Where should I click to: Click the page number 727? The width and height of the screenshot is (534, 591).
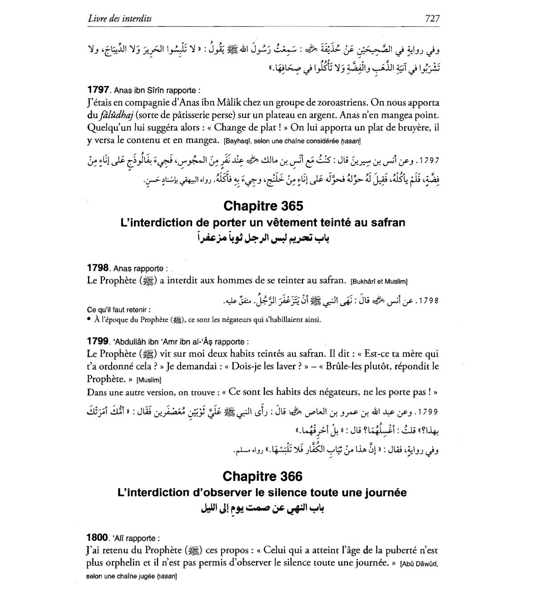click(x=432, y=18)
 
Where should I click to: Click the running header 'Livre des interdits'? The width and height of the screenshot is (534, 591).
click(x=120, y=18)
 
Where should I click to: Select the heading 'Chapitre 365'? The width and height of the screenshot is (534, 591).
click(x=263, y=206)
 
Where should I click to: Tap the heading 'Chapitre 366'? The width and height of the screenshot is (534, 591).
click(x=263, y=476)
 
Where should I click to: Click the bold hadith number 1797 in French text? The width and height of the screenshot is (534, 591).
click(x=98, y=90)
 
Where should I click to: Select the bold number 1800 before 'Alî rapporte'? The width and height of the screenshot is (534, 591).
click(x=98, y=538)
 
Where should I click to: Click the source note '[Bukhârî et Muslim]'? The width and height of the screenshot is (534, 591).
click(x=379, y=282)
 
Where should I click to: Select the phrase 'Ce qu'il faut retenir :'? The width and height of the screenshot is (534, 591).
click(x=118, y=310)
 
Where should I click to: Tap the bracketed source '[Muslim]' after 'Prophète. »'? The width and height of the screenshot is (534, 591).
click(x=149, y=380)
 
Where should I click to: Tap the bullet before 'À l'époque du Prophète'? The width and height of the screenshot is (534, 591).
click(x=89, y=320)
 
